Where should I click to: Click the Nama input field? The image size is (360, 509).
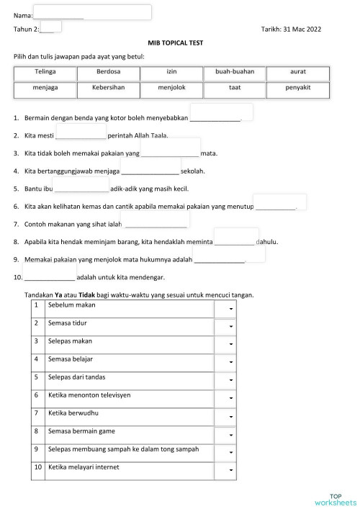[92, 12]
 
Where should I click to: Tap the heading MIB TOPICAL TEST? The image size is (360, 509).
[175, 43]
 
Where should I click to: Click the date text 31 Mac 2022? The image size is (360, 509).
[302, 29]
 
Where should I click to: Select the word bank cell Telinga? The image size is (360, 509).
[45, 73]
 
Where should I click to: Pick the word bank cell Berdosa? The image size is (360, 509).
[109, 73]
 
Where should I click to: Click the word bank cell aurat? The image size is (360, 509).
[297, 73]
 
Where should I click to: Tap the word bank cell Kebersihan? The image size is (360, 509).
[109, 89]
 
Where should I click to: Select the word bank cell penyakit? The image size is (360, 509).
[297, 89]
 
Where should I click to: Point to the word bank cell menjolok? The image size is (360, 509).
[171, 89]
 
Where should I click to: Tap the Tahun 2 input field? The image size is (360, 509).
[51, 28]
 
